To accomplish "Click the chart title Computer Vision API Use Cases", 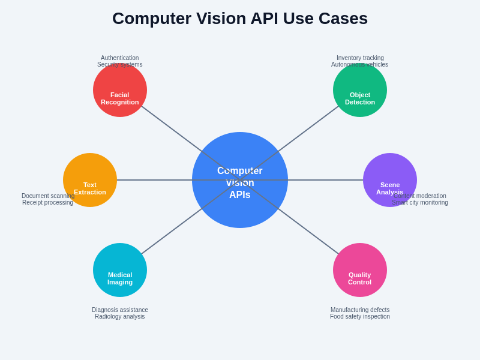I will point(240,19).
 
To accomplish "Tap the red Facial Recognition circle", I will point(120,84).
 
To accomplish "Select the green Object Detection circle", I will point(360,84).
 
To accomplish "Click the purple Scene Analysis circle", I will point(390,171).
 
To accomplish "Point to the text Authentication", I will point(119,58).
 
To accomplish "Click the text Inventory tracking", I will point(360,58).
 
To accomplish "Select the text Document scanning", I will point(48,196).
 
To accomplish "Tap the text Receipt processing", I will point(47,203).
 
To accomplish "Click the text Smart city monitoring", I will point(420,203).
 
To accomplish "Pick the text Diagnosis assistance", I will point(120,310).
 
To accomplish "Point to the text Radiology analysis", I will point(120,317).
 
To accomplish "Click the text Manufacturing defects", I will point(360,310).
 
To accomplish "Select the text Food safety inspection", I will point(360,317).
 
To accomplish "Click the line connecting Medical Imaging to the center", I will point(168,234).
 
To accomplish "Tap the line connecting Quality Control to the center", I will point(312,234).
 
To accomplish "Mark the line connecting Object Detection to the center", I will point(312,126).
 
